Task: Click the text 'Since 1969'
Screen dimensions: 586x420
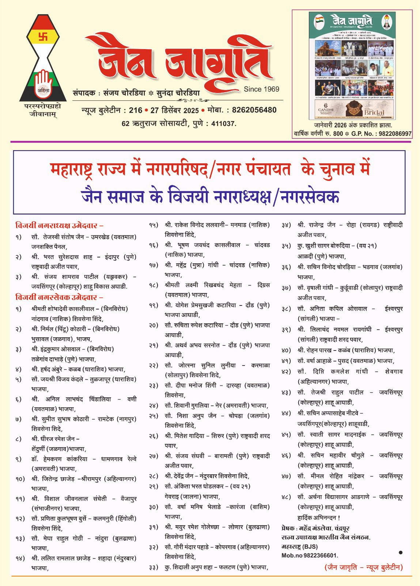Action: pyautogui.click(x=261, y=89)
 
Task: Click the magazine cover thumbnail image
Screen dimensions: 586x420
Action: pyautogui.click(x=352, y=66)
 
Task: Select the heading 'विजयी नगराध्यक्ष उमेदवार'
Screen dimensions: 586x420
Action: pyautogui.click(x=59, y=226)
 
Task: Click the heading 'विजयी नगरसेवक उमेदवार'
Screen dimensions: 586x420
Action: pyautogui.click(x=59, y=297)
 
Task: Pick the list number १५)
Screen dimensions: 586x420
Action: pyautogui.click(x=154, y=225)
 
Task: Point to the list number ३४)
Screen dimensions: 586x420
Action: pyautogui.click(x=286, y=225)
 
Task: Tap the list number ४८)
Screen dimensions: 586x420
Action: pyautogui.click(x=286, y=497)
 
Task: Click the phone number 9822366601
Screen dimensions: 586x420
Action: pyautogui.click(x=318, y=555)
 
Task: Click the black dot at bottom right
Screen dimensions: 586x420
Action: pyautogui.click(x=400, y=552)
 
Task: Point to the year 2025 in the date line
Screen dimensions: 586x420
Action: pyautogui.click(x=191, y=111)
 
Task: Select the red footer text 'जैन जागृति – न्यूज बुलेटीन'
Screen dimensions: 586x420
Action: pyautogui.click(x=363, y=567)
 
